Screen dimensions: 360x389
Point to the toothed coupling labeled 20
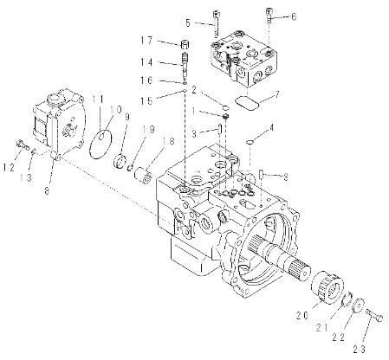click(327, 285)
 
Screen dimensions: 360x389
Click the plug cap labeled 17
click(185, 46)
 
